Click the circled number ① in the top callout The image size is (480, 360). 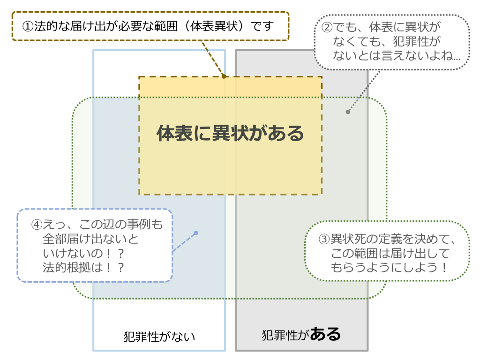(28, 26)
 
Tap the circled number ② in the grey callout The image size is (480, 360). (328, 26)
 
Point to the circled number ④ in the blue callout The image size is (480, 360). (37, 225)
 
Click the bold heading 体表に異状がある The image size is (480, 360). (230, 134)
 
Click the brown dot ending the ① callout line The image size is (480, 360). (224, 76)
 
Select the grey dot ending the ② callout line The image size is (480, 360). (348, 112)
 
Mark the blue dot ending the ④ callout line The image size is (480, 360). (196, 233)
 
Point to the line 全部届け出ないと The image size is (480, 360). (90, 239)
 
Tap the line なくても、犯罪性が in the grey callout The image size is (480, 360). (387, 41)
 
